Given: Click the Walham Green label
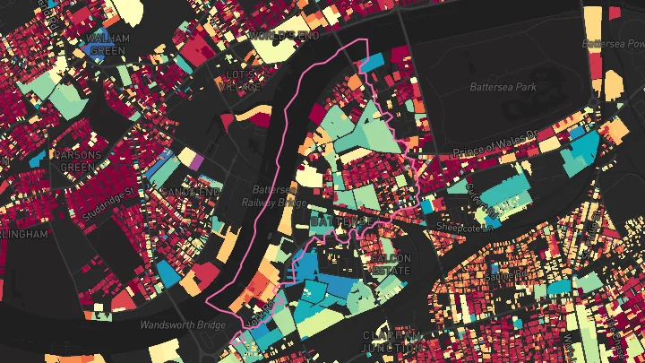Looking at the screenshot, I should pos(109,44).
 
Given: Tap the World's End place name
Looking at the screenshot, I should pos(284,35).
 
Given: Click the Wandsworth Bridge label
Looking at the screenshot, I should pos(180,324).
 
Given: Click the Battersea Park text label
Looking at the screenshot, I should pos(501,87).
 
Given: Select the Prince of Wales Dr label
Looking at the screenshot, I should pos(494,143).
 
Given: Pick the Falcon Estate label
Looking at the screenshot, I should pos(387,264).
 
